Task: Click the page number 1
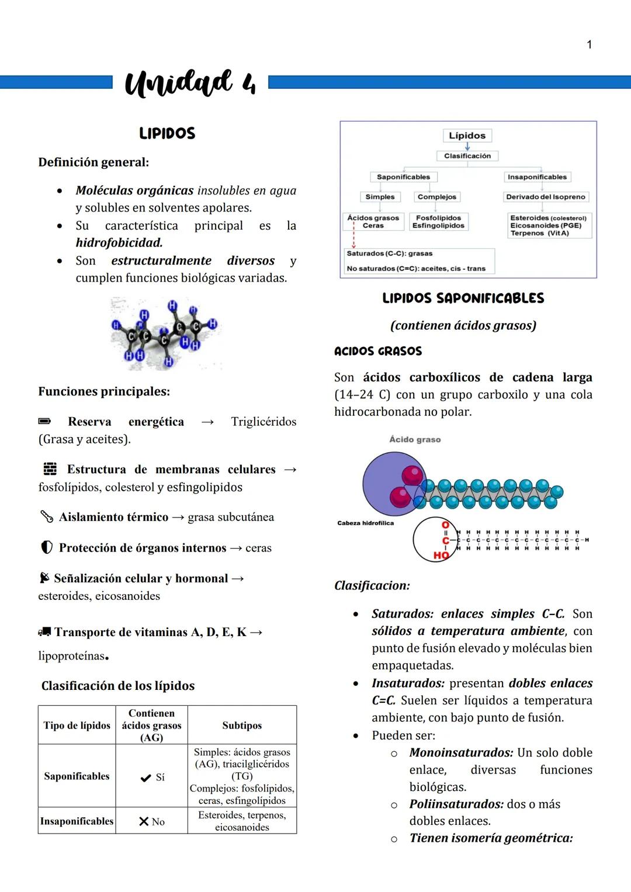[589, 44]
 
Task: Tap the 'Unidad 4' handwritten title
[190, 84]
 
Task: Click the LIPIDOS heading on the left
[167, 134]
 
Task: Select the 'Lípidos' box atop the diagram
[467, 136]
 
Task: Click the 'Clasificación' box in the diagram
[467, 156]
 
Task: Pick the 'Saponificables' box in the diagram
[403, 177]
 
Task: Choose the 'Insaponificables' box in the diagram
[537, 177]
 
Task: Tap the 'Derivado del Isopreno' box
[545, 197]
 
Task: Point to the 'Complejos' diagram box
[436, 197]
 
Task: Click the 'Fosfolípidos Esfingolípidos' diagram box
[438, 222]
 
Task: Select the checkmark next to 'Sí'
[146, 778]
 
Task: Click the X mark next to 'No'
[144, 822]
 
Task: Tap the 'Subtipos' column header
[242, 726]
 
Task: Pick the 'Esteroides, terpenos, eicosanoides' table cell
[242, 821]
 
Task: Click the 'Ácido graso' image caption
[415, 439]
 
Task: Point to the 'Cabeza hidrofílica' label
[366, 523]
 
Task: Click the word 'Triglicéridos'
[264, 422]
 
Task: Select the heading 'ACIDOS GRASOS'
[378, 351]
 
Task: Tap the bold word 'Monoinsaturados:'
[461, 753]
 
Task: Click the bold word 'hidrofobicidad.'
[119, 242]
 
